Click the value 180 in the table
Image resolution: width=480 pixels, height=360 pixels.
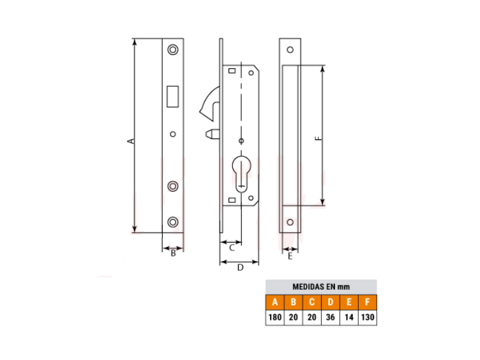point(274,317)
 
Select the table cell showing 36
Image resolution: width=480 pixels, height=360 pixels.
point(330,317)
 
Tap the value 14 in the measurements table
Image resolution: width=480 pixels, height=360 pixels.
point(349,317)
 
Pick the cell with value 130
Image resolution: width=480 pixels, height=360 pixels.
point(368,317)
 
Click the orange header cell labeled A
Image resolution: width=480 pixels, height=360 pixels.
point(274,302)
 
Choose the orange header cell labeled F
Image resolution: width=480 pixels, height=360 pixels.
point(368,302)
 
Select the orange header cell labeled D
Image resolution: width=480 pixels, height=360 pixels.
point(330,302)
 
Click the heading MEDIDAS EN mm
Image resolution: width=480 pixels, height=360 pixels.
point(321,287)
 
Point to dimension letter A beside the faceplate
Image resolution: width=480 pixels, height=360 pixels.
point(131,141)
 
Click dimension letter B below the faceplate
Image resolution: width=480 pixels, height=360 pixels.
point(173,253)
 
